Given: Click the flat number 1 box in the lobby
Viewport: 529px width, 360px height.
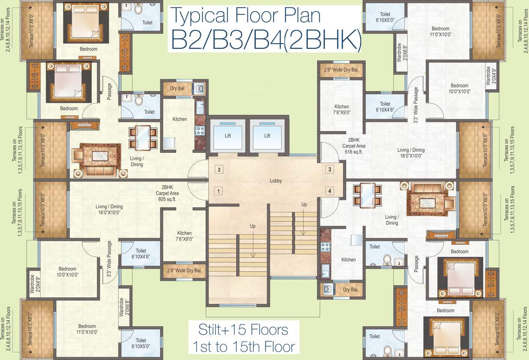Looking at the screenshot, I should (x=218, y=191).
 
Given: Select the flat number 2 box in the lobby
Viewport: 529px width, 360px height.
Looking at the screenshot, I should (x=218, y=170).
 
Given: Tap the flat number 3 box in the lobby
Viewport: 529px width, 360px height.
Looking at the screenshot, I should (x=330, y=170).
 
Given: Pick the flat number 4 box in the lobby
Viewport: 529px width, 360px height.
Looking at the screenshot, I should (x=330, y=191).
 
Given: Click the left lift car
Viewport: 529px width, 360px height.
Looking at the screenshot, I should (x=227, y=136).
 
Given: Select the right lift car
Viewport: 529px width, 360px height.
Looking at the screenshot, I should (x=267, y=136).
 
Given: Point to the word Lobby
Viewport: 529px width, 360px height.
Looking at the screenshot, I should (x=276, y=181).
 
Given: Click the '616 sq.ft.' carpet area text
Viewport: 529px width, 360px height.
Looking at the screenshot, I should (x=354, y=152).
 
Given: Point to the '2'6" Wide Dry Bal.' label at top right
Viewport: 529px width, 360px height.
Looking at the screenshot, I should (x=341, y=70).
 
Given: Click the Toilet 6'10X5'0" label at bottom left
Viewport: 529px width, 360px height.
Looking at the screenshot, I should (x=141, y=344).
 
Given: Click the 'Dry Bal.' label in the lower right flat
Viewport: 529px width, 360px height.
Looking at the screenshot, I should (x=350, y=290).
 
